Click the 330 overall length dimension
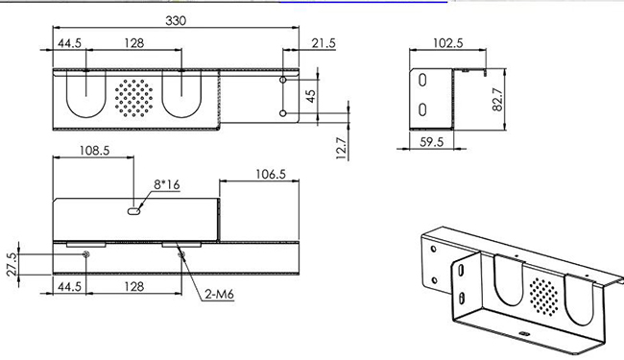coord(176,21)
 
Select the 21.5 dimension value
coord(324,43)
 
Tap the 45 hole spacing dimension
coord(311,96)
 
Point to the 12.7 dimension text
coord(342,149)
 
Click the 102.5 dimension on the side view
coord(448,43)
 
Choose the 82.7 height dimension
coord(498,100)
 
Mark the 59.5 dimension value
coord(432,142)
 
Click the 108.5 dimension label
coord(94,151)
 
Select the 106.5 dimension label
coord(271,174)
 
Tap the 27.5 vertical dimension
coord(12,264)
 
